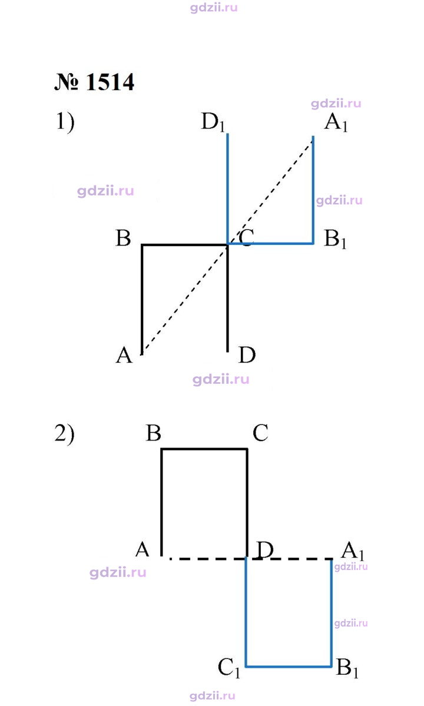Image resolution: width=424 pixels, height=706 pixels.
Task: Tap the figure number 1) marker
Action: point(65,122)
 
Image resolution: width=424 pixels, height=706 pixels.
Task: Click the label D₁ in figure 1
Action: point(213,122)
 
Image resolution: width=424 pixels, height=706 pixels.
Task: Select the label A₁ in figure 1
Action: point(336,122)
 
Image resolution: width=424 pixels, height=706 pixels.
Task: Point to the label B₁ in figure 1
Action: point(336,239)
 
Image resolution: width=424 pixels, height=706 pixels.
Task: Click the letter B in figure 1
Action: point(123,238)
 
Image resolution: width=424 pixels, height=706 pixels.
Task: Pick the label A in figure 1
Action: point(124,355)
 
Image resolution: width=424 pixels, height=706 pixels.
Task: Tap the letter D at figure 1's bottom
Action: point(247,355)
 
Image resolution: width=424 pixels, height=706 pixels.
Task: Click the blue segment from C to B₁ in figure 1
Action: point(270,244)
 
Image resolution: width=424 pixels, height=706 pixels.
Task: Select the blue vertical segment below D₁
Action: point(227,189)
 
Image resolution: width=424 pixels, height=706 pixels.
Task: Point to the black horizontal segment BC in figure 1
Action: point(184,244)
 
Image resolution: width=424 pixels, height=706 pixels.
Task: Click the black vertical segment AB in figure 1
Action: point(143,300)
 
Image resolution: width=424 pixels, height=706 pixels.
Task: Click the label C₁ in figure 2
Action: point(229,668)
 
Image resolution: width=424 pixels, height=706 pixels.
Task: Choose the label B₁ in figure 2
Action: point(347,668)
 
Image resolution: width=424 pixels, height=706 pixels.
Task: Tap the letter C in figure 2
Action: point(261,433)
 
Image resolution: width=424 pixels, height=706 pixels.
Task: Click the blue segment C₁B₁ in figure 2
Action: point(289,666)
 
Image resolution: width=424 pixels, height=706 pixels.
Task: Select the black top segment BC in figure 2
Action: point(204,449)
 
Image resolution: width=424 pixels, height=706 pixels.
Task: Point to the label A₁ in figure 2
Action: point(353,550)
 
